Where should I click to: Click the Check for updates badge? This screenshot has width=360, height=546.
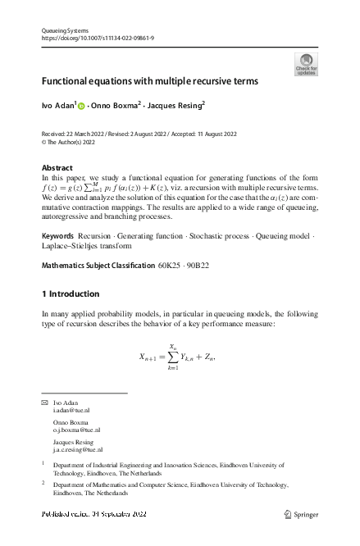306,65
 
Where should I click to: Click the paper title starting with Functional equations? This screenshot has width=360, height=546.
150,81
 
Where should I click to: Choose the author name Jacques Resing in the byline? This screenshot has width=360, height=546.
175,106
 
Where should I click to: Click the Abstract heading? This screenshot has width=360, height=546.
57,167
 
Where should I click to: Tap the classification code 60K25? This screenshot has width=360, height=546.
171,266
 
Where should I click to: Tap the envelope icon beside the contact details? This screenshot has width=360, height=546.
44,404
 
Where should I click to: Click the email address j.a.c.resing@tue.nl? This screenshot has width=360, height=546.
77,449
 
